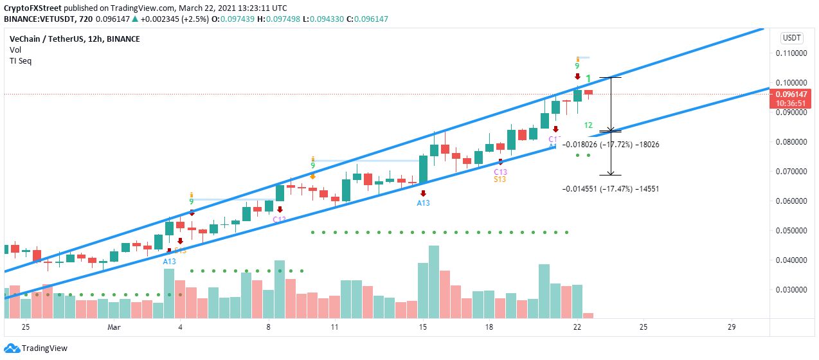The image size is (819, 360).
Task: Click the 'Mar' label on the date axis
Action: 114,327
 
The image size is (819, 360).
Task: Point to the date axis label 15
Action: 422,327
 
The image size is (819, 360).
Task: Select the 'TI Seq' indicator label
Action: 21,61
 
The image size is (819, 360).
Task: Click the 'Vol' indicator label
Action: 15,50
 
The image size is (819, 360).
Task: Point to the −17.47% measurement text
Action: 611,189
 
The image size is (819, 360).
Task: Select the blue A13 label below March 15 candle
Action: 423,203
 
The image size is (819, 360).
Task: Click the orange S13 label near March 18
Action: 500,179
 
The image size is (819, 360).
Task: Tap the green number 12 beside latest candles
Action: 588,125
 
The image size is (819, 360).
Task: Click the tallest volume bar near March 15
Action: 434,282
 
